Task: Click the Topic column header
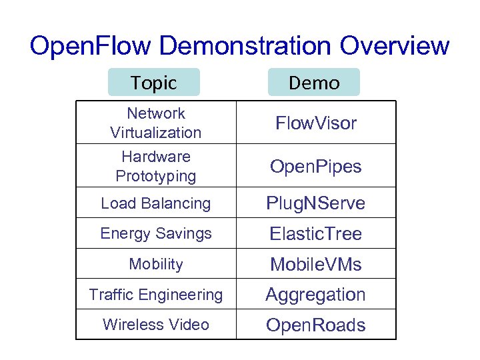pos(154,83)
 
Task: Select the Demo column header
pos(314,83)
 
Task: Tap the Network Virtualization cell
pos(155,123)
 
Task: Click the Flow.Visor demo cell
pos(316,123)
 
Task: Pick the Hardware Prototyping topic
pos(155,166)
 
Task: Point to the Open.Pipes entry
pos(316,166)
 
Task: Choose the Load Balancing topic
pos(155,203)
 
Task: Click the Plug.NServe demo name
pos(316,203)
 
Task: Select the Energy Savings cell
pos(155,233)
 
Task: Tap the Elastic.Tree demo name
pos(316,234)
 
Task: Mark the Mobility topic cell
pos(155,264)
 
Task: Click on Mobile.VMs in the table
pos(316,265)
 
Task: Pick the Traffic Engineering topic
pos(155,294)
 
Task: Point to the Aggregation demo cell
pos(316,294)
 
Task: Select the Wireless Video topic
pos(155,325)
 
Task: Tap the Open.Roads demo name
pos(316,325)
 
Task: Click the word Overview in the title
pos(395,47)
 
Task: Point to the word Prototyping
pos(155,176)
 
